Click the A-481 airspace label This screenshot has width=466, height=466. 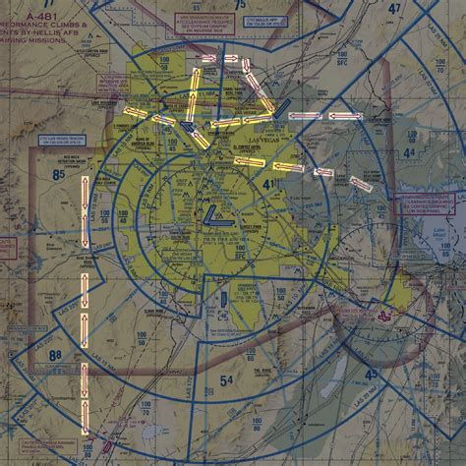point(43,18)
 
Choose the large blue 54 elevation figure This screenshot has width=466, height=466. point(226,379)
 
